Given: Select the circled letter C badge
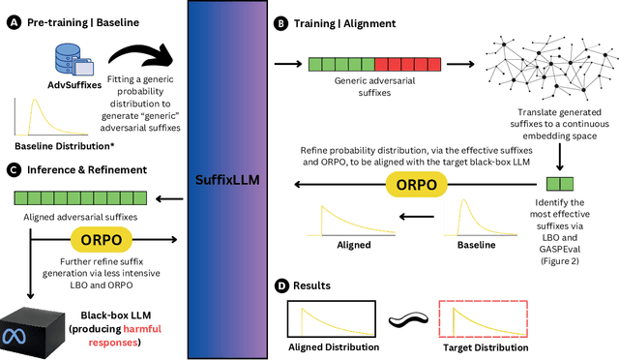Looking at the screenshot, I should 13,169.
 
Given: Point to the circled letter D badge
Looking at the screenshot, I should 280,286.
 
